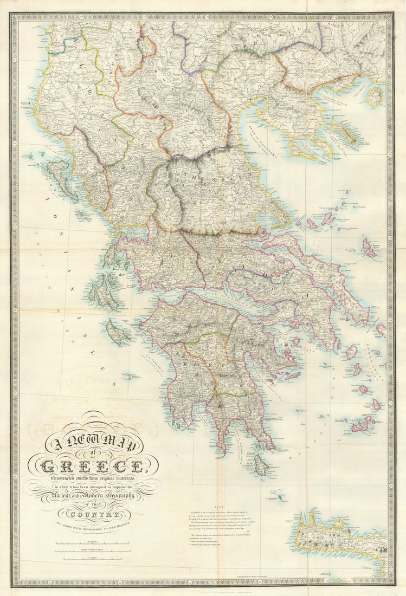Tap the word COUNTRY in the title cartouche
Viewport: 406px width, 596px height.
point(92,514)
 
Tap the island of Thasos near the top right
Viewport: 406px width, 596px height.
point(374,96)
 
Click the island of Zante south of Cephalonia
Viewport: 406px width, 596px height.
point(117,332)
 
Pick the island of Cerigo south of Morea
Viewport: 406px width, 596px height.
point(261,463)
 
